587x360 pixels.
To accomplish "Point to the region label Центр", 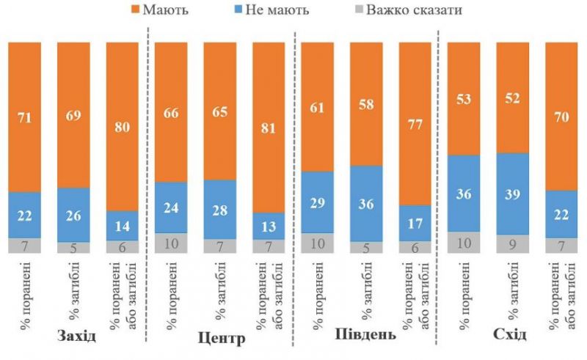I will coord(222,339).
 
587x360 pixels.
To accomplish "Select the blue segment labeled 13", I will coord(269,226).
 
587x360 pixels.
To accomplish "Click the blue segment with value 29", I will coord(318,202).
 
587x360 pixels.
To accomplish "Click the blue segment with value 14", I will coord(122,226).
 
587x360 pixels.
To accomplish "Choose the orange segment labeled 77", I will coord(415,123).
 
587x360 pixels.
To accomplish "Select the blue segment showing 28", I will coord(219,210).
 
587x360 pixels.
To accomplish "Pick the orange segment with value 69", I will coord(73,114).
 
